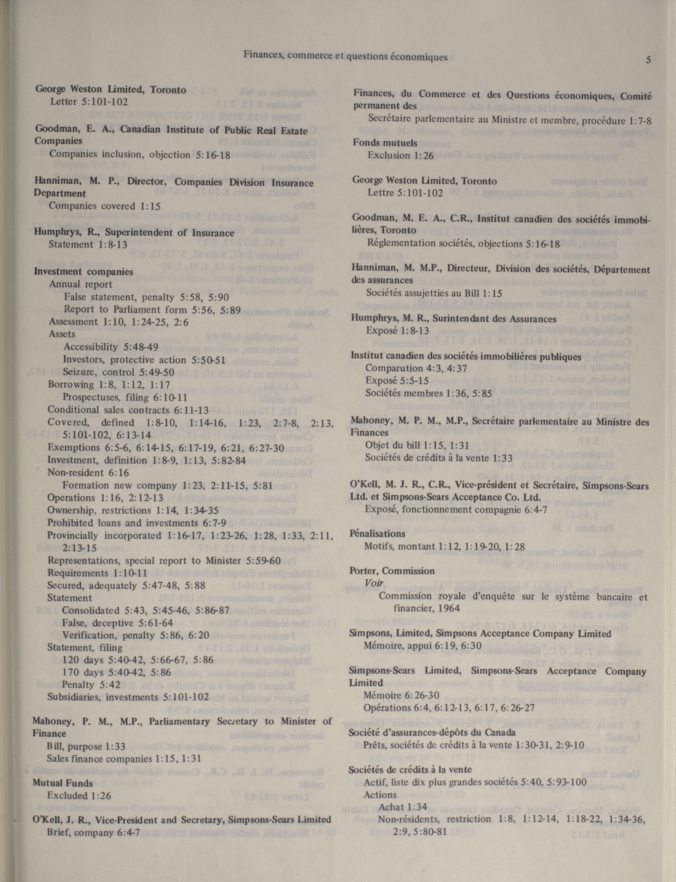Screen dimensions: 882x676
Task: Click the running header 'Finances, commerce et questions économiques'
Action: [345, 57]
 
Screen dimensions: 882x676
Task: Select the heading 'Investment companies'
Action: [83, 272]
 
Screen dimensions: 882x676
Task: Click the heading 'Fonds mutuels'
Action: [385, 143]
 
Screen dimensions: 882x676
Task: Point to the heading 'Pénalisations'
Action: [377, 534]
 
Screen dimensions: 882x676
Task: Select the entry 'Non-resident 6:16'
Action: [88, 473]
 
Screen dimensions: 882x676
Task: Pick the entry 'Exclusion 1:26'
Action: [400, 155]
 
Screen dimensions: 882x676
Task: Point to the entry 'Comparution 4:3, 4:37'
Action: [416, 368]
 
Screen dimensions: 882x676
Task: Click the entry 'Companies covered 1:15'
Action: [105, 206]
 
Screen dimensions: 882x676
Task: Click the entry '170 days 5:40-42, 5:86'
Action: [116, 672]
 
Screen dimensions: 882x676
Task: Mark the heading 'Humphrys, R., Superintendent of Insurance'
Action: [134, 233]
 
